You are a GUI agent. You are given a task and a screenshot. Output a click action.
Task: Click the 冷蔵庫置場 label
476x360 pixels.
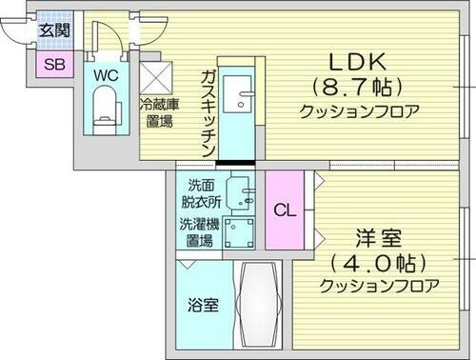[x=156, y=114]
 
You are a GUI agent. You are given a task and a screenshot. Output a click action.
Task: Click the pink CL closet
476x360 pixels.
[x=284, y=210]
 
